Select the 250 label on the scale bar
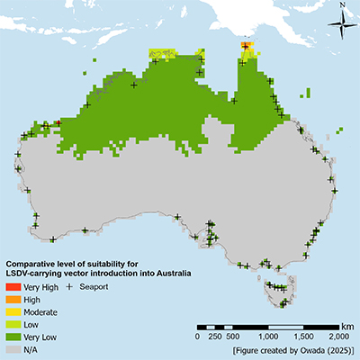tap(214, 336)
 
